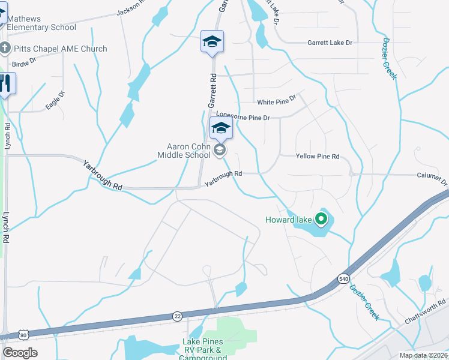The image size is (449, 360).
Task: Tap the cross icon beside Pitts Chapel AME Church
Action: pyautogui.click(x=4, y=49)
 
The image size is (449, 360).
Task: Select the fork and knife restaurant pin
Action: pyautogui.click(x=5, y=84)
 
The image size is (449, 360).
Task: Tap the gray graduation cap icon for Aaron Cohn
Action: pyautogui.click(x=220, y=150)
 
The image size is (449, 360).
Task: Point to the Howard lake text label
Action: pyautogui.click(x=289, y=220)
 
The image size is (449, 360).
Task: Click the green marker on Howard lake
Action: pyautogui.click(x=321, y=220)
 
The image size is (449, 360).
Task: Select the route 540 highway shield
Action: pyautogui.click(x=343, y=279)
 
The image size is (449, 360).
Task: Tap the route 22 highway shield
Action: pyautogui.click(x=177, y=316)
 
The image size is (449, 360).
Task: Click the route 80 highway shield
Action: pyautogui.click(x=23, y=334)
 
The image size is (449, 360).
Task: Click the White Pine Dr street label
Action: pyautogui.click(x=277, y=100)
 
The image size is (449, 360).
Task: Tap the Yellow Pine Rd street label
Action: pyautogui.click(x=318, y=157)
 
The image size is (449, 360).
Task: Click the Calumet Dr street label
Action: pyautogui.click(x=432, y=178)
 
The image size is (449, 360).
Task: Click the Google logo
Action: pyautogui.click(x=20, y=353)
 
